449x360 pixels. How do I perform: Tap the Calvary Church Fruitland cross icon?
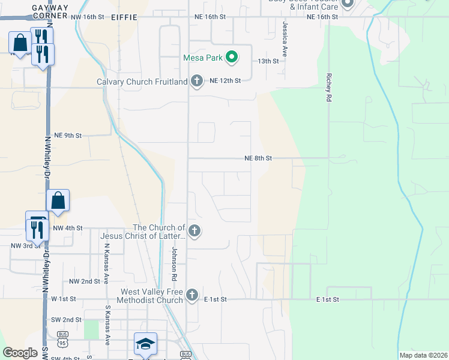(196, 81)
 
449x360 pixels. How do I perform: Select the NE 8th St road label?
(259, 158)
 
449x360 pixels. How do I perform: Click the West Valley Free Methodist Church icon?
(191, 295)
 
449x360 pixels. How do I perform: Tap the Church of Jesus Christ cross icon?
(193, 230)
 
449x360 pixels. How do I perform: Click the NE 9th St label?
(67, 136)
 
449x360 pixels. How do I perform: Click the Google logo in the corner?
(20, 353)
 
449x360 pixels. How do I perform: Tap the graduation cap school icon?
(145, 343)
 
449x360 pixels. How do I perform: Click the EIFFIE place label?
(124, 18)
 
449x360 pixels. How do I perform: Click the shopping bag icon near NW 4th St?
(58, 200)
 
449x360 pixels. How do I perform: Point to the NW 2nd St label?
(84, 281)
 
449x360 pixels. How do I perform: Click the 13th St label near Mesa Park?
(268, 61)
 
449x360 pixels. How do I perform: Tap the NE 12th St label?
(225, 80)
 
